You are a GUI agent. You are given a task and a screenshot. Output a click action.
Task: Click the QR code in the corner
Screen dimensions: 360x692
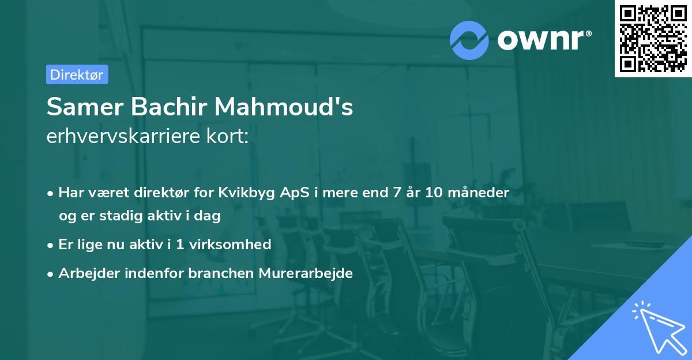[653, 39]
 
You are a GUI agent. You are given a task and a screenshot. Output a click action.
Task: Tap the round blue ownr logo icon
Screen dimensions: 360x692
[469, 40]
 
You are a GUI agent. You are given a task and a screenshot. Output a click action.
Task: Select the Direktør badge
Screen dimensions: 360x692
[77, 74]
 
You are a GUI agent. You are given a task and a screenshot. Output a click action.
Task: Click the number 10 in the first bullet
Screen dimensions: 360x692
[434, 192]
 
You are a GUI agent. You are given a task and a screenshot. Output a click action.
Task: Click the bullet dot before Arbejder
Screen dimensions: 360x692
[51, 273]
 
